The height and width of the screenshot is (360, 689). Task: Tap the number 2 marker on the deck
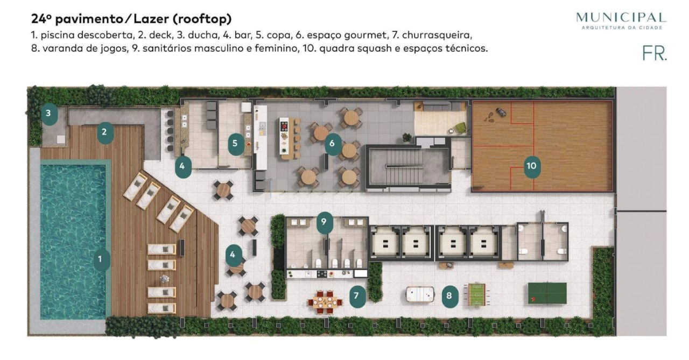pyautogui.click(x=106, y=132)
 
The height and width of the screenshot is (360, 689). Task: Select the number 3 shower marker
pyautogui.click(x=49, y=114)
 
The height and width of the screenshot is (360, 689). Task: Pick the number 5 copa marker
pyautogui.click(x=236, y=144)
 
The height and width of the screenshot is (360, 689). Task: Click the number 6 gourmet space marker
pyautogui.click(x=333, y=144)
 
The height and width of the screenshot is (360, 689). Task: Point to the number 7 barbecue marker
pyautogui.click(x=357, y=296)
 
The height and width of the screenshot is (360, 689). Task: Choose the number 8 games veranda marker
pyautogui.click(x=450, y=296)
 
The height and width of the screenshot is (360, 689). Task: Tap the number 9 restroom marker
pyautogui.click(x=325, y=222)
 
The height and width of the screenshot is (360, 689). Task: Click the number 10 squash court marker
pyautogui.click(x=532, y=166)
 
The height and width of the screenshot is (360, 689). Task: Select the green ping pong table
pyautogui.click(x=547, y=293)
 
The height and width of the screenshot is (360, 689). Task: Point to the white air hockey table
pyautogui.click(x=420, y=294)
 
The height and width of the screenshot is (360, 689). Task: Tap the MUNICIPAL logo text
pyautogui.click(x=621, y=18)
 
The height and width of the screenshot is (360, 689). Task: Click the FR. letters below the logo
pyautogui.click(x=655, y=54)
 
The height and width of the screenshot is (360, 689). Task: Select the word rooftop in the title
pyautogui.click(x=202, y=19)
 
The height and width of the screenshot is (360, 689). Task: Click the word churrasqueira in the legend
pyautogui.click(x=437, y=35)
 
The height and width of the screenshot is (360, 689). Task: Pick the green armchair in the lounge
pyautogui.click(x=460, y=128)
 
